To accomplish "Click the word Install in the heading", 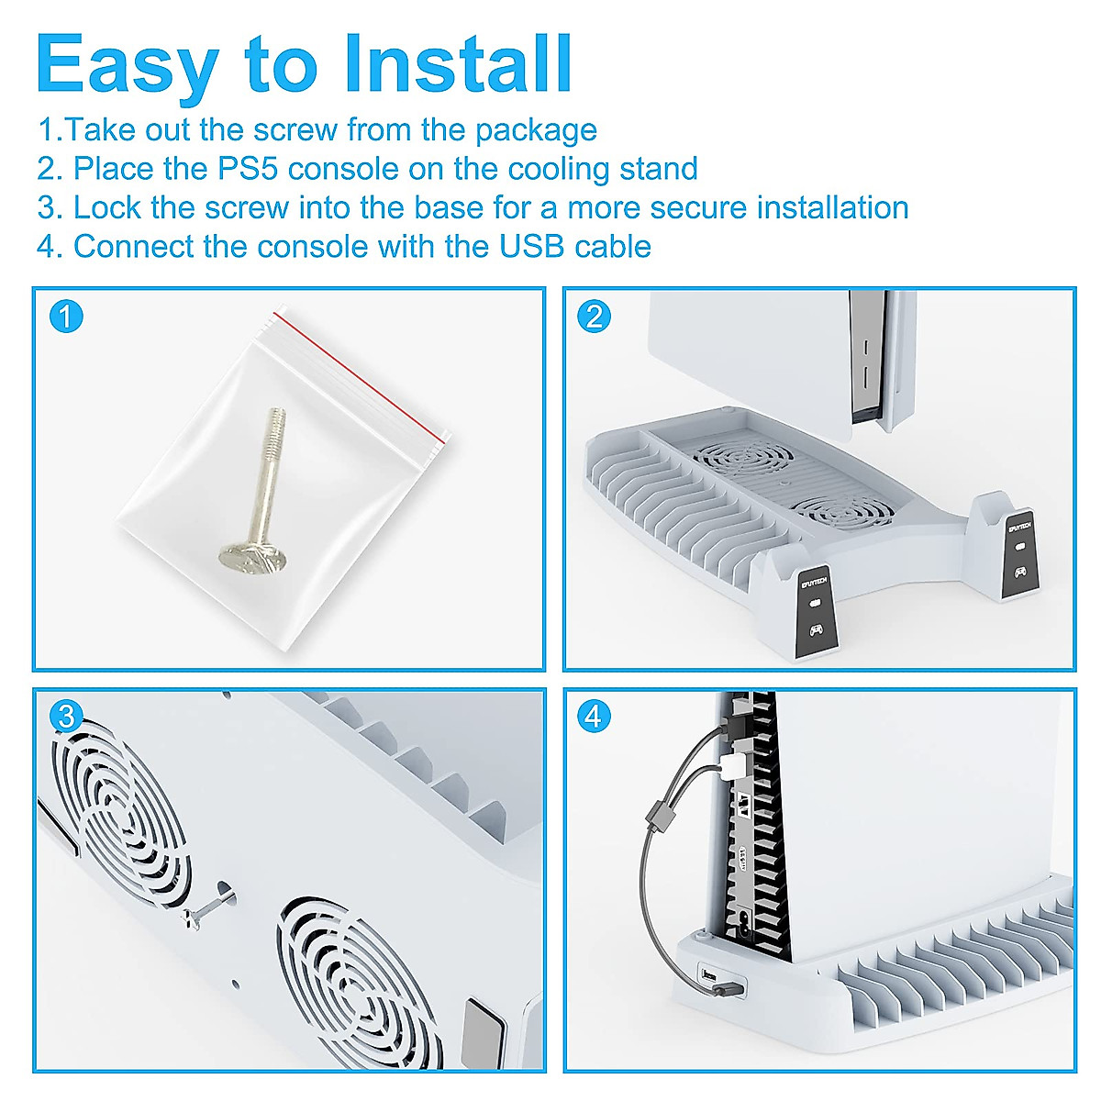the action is pyautogui.click(x=458, y=63).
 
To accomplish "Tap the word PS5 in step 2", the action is pyautogui.click(x=250, y=169).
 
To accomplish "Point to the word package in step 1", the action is pyautogui.click(x=536, y=131).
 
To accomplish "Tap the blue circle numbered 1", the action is pyautogui.click(x=66, y=317).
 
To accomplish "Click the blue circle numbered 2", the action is pyautogui.click(x=595, y=317).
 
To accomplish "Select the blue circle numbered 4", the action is pyautogui.click(x=595, y=717).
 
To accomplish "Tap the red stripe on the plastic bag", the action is pyautogui.click(x=359, y=378).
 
